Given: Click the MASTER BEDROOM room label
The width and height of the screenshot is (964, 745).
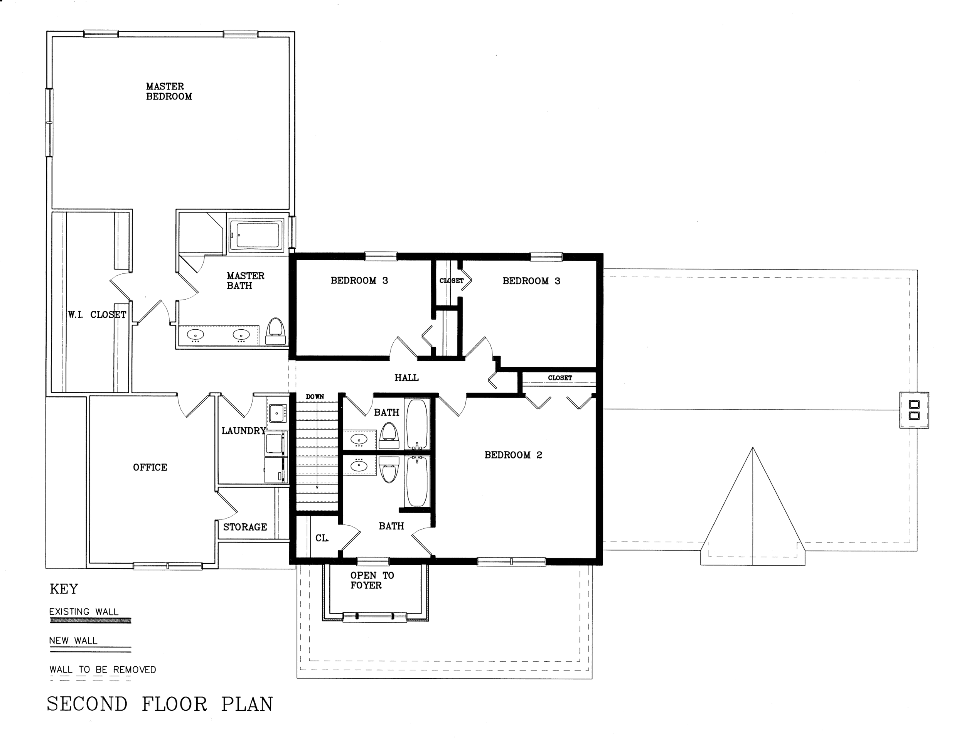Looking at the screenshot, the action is (x=169, y=91).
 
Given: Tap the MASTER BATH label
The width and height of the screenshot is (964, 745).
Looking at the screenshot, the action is (x=245, y=281).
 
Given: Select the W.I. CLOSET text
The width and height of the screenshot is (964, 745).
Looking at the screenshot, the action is (x=97, y=315).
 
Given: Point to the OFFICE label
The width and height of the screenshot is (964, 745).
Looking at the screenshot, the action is (x=150, y=467).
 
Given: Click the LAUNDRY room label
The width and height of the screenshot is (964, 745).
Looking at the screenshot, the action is (x=244, y=431).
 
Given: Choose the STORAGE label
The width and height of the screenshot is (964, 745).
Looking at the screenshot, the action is (x=245, y=527).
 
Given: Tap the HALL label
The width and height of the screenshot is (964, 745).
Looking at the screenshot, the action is (x=406, y=378).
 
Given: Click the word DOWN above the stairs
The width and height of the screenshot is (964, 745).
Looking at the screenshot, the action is (x=315, y=397).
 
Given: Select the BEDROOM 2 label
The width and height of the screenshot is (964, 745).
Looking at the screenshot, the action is (x=513, y=455).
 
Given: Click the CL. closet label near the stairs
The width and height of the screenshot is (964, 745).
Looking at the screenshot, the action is (x=322, y=538).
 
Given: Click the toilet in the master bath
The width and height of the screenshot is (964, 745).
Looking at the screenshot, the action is (x=276, y=331).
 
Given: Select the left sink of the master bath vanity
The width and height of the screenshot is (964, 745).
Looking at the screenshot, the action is (x=195, y=335).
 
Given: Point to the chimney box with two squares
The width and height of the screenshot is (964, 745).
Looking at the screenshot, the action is (x=914, y=410).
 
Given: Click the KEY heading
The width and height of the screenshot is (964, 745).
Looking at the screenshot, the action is (x=64, y=589).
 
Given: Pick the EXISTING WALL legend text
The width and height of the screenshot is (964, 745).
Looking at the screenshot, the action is (x=84, y=612).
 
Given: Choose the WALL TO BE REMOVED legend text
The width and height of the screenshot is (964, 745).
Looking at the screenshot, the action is (x=103, y=669).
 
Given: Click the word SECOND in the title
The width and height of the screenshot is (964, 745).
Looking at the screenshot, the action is (x=88, y=705).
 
